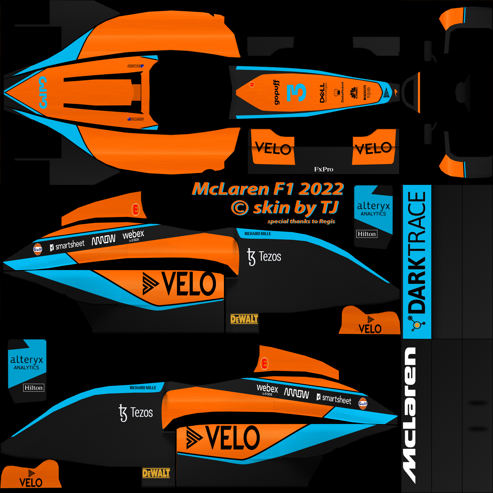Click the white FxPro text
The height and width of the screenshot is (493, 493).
tap(324, 169)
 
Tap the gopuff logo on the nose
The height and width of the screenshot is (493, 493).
tap(276, 92)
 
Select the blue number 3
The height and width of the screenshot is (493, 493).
tap(296, 92)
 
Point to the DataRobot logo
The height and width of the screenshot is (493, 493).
tap(339, 92)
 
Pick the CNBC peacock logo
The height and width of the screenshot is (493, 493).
tap(354, 92)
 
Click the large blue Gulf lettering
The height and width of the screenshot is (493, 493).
tap(43, 92)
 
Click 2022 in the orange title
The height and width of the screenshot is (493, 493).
tap(321, 189)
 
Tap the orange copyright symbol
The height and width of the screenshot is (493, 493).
tap(240, 208)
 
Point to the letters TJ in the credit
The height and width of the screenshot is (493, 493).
tap(329, 207)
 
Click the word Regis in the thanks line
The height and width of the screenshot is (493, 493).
tap(327, 221)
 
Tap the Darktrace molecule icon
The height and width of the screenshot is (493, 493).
tap(417, 324)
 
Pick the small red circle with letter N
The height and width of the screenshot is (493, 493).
tap(252, 84)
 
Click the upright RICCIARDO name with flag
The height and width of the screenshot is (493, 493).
tap(136, 119)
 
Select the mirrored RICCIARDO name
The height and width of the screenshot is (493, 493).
tap(136, 66)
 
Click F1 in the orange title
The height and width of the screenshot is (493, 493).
tap(284, 189)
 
